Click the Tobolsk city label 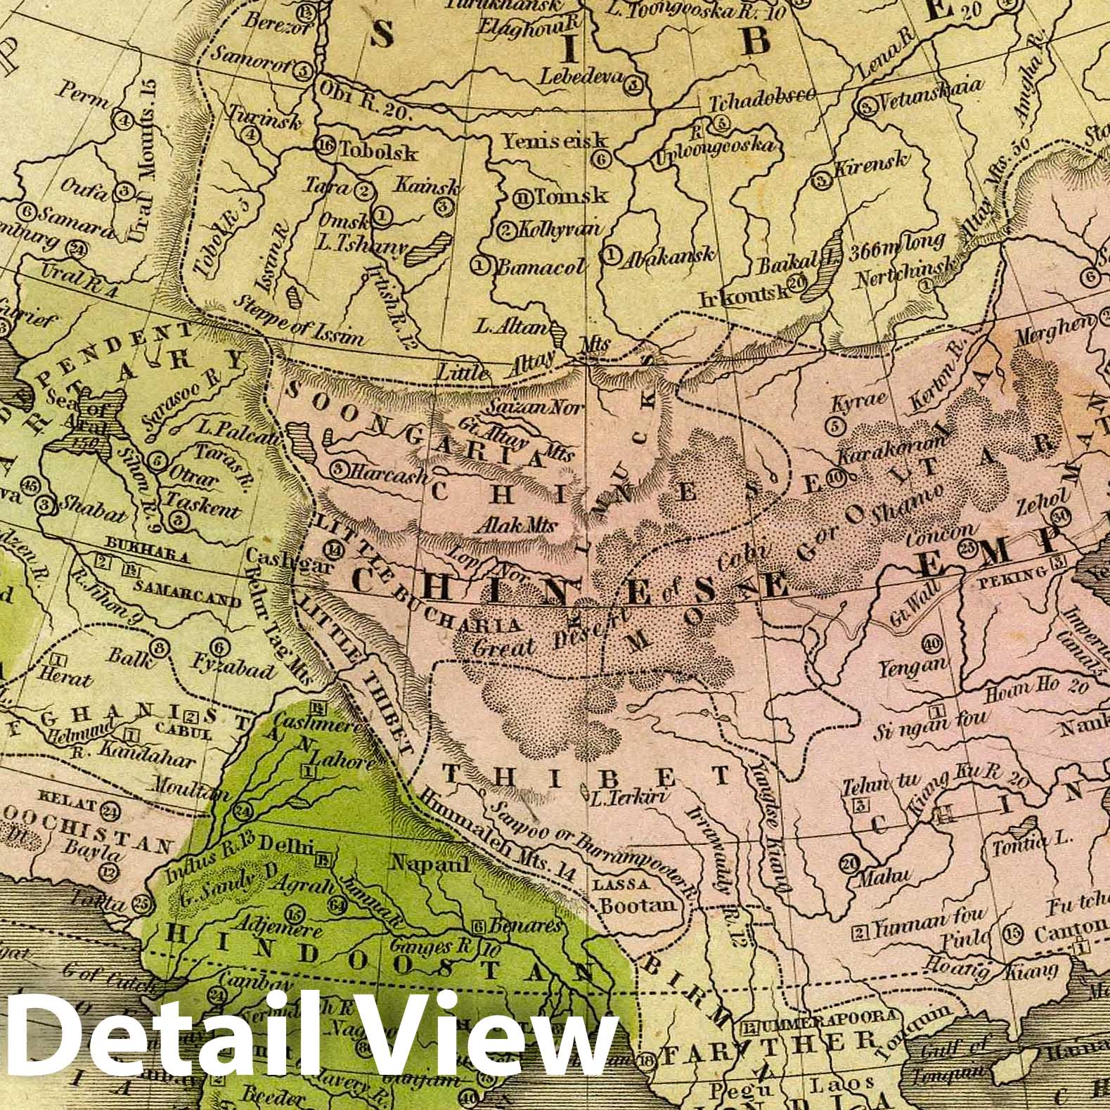point(377,151)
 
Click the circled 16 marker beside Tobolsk point(325,146)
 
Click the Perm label point(86,95)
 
